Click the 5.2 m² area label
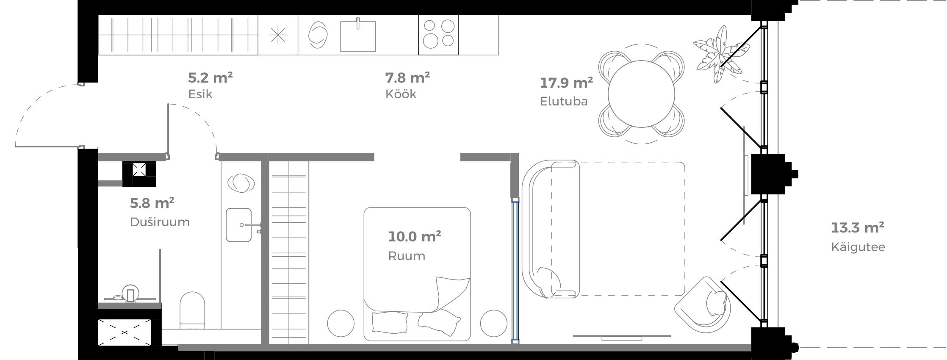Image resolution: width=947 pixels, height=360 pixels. point(210,78)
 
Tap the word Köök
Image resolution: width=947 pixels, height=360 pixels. point(401,94)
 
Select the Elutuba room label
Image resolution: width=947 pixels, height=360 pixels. point(563,102)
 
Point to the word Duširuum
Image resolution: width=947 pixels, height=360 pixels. point(160,222)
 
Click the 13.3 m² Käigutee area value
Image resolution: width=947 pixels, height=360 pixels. point(857,228)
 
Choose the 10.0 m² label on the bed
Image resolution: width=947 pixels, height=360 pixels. point(414,236)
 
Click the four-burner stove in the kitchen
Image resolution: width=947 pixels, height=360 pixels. point(438,35)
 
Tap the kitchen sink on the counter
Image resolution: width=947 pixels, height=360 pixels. point(358,36)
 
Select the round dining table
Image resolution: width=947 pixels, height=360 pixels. point(641,94)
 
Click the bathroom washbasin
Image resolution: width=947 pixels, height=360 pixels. point(239,225)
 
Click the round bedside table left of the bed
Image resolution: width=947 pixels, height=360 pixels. point(341,324)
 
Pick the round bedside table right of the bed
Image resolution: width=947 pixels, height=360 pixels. point(493,324)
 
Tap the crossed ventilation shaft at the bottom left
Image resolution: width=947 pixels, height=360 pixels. point(124,332)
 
